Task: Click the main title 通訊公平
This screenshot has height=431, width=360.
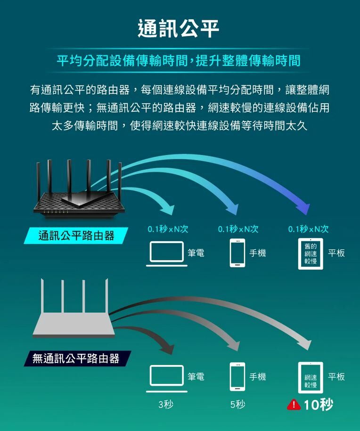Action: tap(179, 28)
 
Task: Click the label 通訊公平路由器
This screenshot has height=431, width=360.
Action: tap(76, 236)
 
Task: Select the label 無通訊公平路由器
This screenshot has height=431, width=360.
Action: tap(76, 359)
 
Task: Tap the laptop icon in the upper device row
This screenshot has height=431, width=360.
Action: tap(166, 253)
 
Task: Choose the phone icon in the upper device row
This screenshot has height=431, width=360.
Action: tap(238, 253)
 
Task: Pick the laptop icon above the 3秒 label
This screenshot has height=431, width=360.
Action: tap(166, 378)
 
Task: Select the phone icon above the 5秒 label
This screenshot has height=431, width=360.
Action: tap(238, 377)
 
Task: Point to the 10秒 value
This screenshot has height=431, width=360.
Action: tap(319, 404)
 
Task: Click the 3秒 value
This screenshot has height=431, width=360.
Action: tap(166, 404)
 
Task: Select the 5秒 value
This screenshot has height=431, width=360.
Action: tap(237, 404)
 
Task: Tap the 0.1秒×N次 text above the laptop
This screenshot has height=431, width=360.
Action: tap(168, 229)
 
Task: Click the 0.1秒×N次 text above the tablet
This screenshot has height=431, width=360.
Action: tap(309, 229)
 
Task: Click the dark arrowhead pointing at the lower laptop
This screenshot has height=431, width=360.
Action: tap(167, 348)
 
